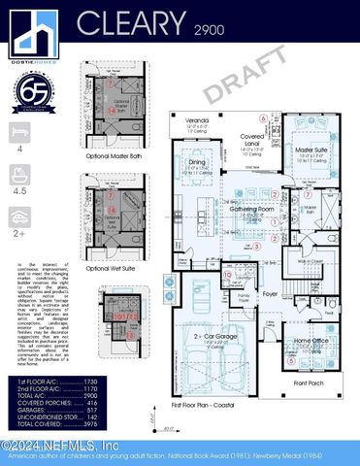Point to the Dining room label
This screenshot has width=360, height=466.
point(197,163)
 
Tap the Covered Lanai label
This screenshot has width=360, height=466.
point(256,141)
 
